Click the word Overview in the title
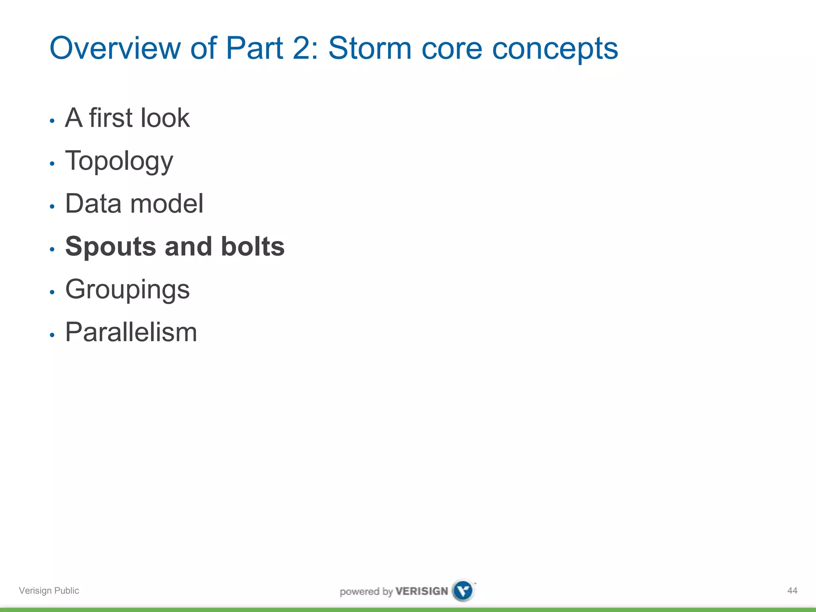pos(115,49)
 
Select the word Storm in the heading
pos(369,49)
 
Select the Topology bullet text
pos(119,161)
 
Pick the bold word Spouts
pos(110,247)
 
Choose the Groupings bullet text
pos(127,290)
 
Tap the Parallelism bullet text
pos(131,332)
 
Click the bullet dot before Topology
pos(52,163)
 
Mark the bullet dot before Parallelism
pos(52,335)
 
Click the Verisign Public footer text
pos(49,590)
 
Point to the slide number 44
pos(792,590)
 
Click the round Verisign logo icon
pos(463,590)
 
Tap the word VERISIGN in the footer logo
pos(422,591)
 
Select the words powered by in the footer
pos(366,591)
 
